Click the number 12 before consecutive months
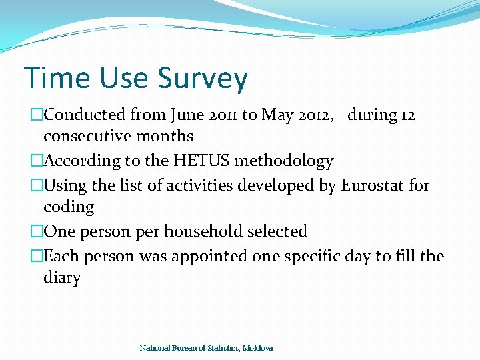point(407,115)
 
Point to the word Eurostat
point(371,185)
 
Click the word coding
point(69,207)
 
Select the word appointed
point(210,256)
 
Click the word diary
point(62,278)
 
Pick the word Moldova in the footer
point(258,348)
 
